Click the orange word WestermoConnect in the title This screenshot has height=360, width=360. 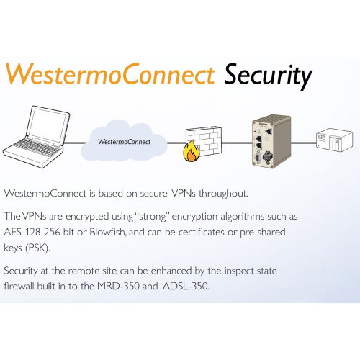coord(110,73)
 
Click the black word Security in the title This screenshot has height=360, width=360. coord(268,76)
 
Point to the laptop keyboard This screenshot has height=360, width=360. coord(36,148)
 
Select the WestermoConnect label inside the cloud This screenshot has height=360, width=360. coord(124,142)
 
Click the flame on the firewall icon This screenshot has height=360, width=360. coord(191,151)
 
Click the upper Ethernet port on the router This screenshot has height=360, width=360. coord(258,139)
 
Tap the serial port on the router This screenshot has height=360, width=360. coord(258,157)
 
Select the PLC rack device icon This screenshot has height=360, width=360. coord(335,140)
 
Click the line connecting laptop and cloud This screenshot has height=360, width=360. coord(76,143)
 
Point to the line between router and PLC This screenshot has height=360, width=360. coord(303,143)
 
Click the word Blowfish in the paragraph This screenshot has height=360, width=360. coord(108,232)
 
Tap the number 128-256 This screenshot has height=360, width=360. coord(42,232)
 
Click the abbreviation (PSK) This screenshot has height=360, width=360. coord(37,248)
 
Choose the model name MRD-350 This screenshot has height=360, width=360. coord(118,286)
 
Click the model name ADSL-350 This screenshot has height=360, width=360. coord(186,286)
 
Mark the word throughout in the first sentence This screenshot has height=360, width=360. coord(223,194)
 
